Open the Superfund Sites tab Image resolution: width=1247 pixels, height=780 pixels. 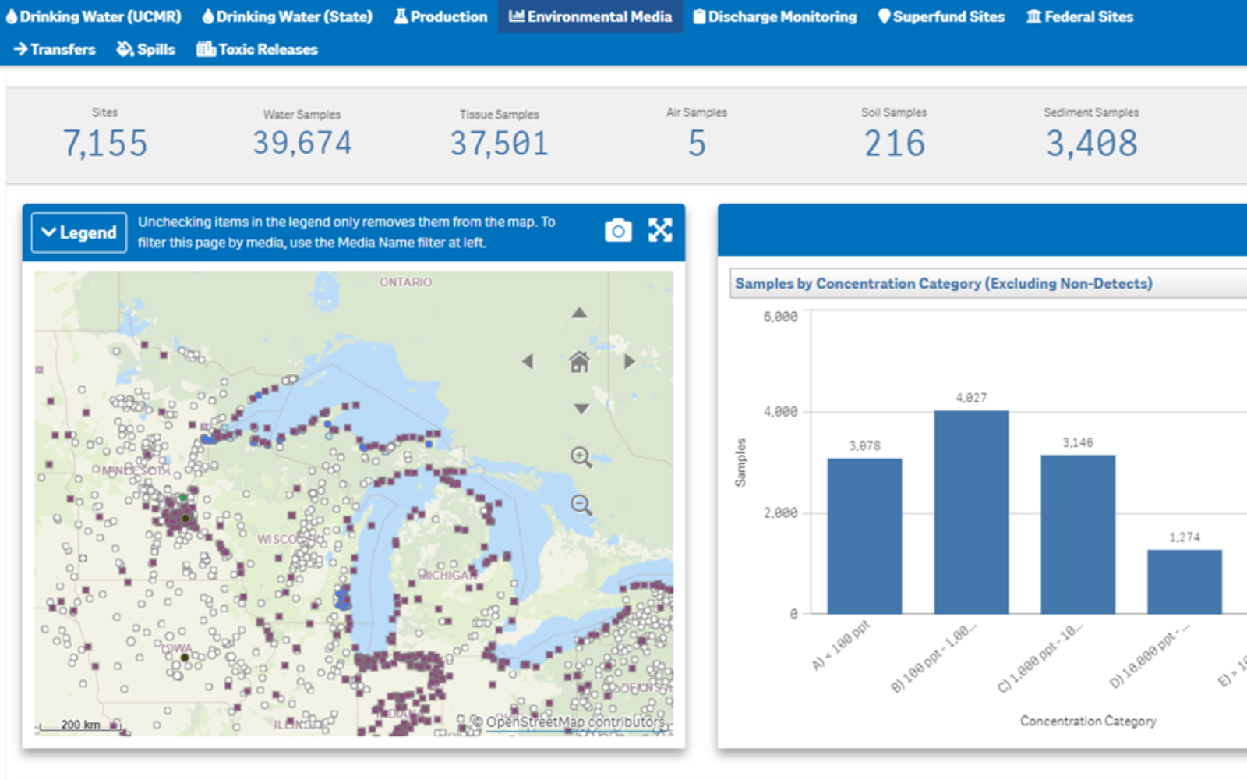click(941, 16)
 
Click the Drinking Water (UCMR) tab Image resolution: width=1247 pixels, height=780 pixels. click(94, 16)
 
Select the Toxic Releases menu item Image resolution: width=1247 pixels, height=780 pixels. click(257, 49)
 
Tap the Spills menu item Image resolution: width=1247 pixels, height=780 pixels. click(146, 49)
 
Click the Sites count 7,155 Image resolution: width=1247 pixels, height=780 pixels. click(104, 144)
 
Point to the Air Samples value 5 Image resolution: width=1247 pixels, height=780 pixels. click(696, 144)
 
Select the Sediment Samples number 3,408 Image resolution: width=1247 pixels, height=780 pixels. click(1091, 144)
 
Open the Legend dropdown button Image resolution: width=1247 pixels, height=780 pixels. click(79, 232)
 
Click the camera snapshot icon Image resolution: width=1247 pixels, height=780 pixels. click(618, 231)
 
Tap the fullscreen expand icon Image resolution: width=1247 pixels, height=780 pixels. click(660, 230)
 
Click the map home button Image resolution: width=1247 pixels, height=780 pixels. click(579, 362)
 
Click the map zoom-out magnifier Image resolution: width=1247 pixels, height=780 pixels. click(581, 505)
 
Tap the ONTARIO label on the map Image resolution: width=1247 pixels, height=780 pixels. click(405, 282)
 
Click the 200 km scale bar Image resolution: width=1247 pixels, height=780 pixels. click(79, 725)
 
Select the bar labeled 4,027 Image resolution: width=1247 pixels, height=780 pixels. click(971, 511)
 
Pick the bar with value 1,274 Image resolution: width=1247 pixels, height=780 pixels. click(1184, 581)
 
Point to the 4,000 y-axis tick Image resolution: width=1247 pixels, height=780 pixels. click(780, 412)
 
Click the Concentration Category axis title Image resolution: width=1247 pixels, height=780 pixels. click(1088, 721)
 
